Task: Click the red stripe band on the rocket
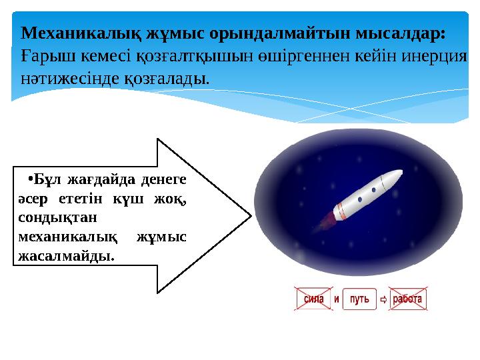(341, 209)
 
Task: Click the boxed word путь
(359, 299)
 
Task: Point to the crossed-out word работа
(407, 299)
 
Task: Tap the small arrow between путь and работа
(383, 300)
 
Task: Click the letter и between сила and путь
(337, 299)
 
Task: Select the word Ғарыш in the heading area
(39, 55)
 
